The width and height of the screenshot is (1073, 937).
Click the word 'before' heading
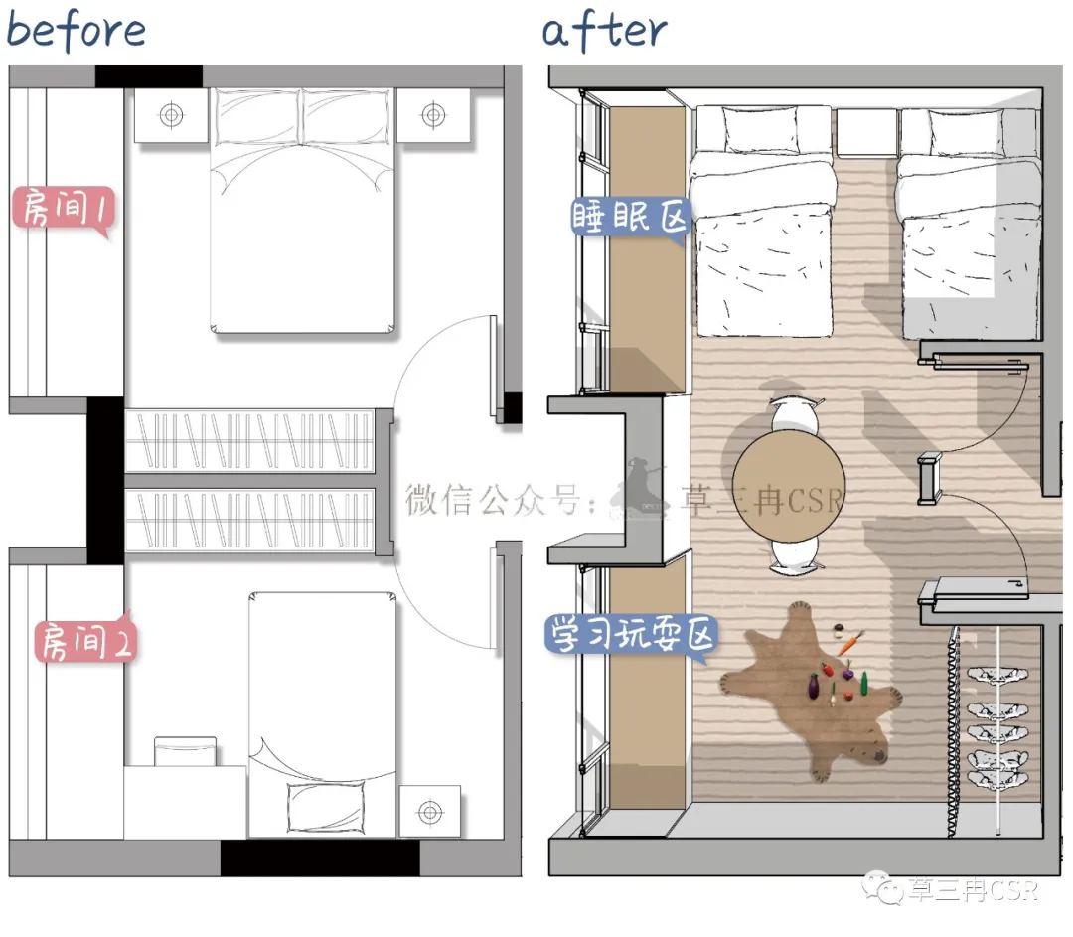(x=76, y=30)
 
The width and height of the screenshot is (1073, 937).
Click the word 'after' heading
(x=604, y=32)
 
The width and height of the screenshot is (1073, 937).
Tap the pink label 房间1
(x=63, y=208)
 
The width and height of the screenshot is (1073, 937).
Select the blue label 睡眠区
(x=630, y=218)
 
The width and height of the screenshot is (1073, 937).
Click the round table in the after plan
(x=788, y=486)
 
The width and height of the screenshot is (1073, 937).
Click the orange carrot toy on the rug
(x=851, y=643)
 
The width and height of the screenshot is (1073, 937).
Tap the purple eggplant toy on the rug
(x=814, y=686)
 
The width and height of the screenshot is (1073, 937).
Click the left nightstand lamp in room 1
(x=171, y=115)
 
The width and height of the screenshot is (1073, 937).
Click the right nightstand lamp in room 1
(x=433, y=115)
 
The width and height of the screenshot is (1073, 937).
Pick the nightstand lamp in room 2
(x=430, y=812)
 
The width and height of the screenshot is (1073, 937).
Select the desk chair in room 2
(x=185, y=751)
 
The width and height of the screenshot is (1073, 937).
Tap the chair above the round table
(x=794, y=414)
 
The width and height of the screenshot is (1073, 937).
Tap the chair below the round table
(x=795, y=554)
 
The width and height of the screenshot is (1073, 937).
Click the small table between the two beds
(x=866, y=132)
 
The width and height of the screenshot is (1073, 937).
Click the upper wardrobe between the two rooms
(x=249, y=441)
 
